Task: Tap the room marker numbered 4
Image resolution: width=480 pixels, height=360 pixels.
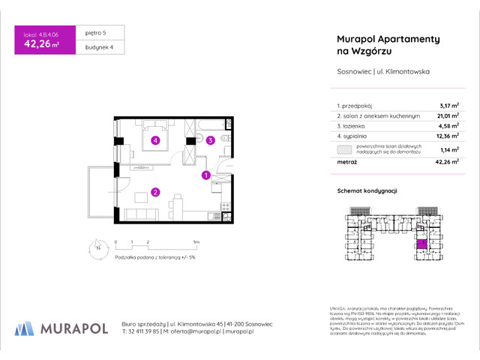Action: [x=155, y=139]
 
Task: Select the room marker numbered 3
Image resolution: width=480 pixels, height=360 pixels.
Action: [x=211, y=139]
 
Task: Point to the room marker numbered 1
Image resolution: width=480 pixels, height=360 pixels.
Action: [x=205, y=175]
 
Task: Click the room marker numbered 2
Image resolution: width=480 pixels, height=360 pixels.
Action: [x=154, y=192]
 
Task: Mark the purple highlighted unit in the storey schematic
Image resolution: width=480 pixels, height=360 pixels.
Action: [x=421, y=243]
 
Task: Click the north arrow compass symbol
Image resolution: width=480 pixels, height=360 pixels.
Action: [x=97, y=247]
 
